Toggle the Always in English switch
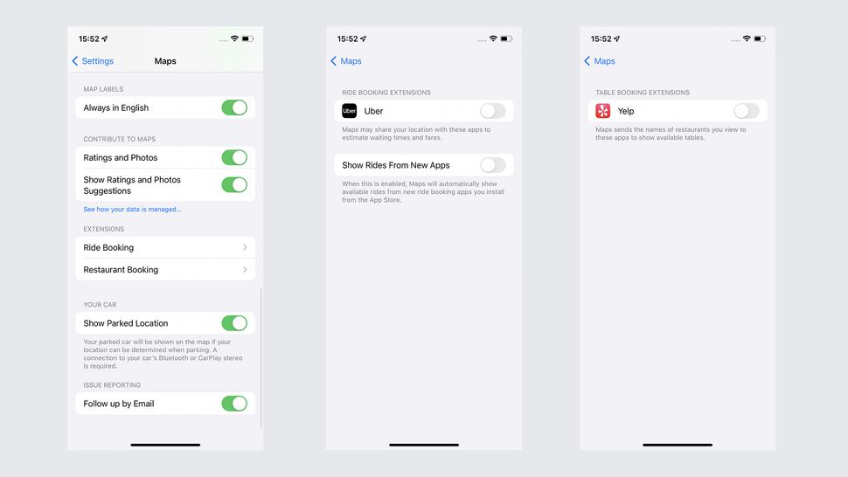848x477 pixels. click(x=234, y=107)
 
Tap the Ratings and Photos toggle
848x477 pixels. click(x=234, y=157)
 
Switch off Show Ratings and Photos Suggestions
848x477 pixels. click(x=234, y=184)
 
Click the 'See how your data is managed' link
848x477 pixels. click(x=132, y=210)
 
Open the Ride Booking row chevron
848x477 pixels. click(x=245, y=248)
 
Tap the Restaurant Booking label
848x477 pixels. click(x=121, y=270)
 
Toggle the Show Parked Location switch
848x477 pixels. click(x=234, y=323)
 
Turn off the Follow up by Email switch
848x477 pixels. click(x=234, y=404)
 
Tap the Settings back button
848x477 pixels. click(x=93, y=61)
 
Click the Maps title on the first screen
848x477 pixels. click(x=165, y=61)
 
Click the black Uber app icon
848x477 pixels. click(x=350, y=111)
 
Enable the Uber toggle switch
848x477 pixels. click(x=493, y=111)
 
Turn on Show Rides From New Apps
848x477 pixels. click(x=493, y=165)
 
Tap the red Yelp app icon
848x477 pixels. click(x=603, y=111)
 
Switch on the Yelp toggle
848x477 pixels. click(x=747, y=111)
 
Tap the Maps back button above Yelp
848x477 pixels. click(x=600, y=61)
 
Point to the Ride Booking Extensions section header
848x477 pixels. click(x=386, y=93)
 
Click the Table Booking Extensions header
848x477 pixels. click(x=643, y=93)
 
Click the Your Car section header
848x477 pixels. click(x=100, y=305)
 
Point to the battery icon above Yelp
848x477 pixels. click(x=760, y=38)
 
